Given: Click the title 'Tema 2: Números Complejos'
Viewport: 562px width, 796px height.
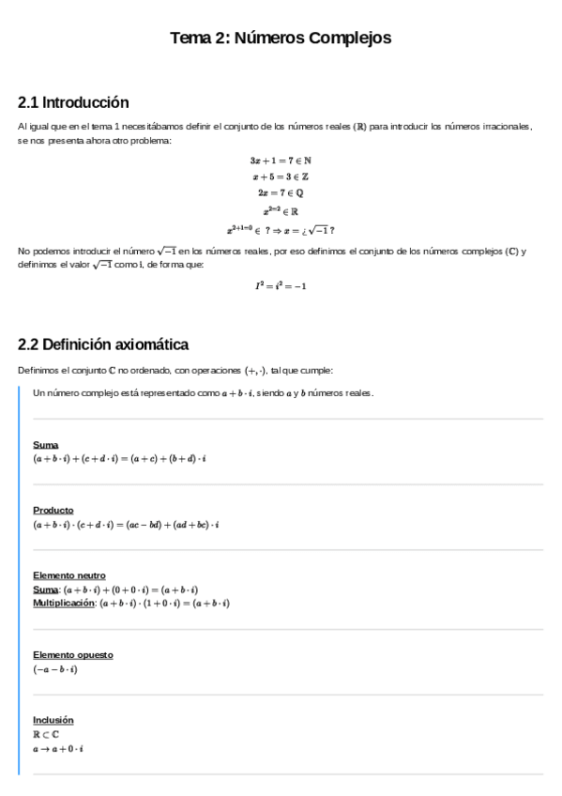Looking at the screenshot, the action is [x=281, y=38].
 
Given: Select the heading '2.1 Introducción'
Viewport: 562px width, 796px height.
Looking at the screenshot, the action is [x=73, y=102].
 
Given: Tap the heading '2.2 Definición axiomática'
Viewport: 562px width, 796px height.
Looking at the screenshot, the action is [x=103, y=344].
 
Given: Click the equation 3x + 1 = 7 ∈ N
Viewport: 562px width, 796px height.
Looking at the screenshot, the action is [x=281, y=160].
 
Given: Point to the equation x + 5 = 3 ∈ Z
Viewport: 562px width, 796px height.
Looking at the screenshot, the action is [x=281, y=176].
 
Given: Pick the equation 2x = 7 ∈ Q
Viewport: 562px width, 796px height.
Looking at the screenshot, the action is [x=281, y=193].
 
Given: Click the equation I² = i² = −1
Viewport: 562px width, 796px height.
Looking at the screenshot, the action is [x=281, y=285].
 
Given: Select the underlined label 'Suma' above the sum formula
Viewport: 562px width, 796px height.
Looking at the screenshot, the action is [x=45, y=444].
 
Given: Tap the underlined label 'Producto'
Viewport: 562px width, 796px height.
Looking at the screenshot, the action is [x=53, y=510].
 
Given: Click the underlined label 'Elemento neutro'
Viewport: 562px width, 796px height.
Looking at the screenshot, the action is [x=68, y=575].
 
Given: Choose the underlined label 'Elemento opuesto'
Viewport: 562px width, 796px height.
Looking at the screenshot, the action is [x=72, y=654].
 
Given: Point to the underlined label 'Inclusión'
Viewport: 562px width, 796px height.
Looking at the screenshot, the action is [x=53, y=720].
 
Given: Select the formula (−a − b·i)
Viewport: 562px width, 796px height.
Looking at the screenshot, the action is [x=55, y=669].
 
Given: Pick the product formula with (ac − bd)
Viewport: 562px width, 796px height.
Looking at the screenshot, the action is [x=126, y=524].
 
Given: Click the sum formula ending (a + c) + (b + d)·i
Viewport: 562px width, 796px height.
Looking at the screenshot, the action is [x=119, y=459].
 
